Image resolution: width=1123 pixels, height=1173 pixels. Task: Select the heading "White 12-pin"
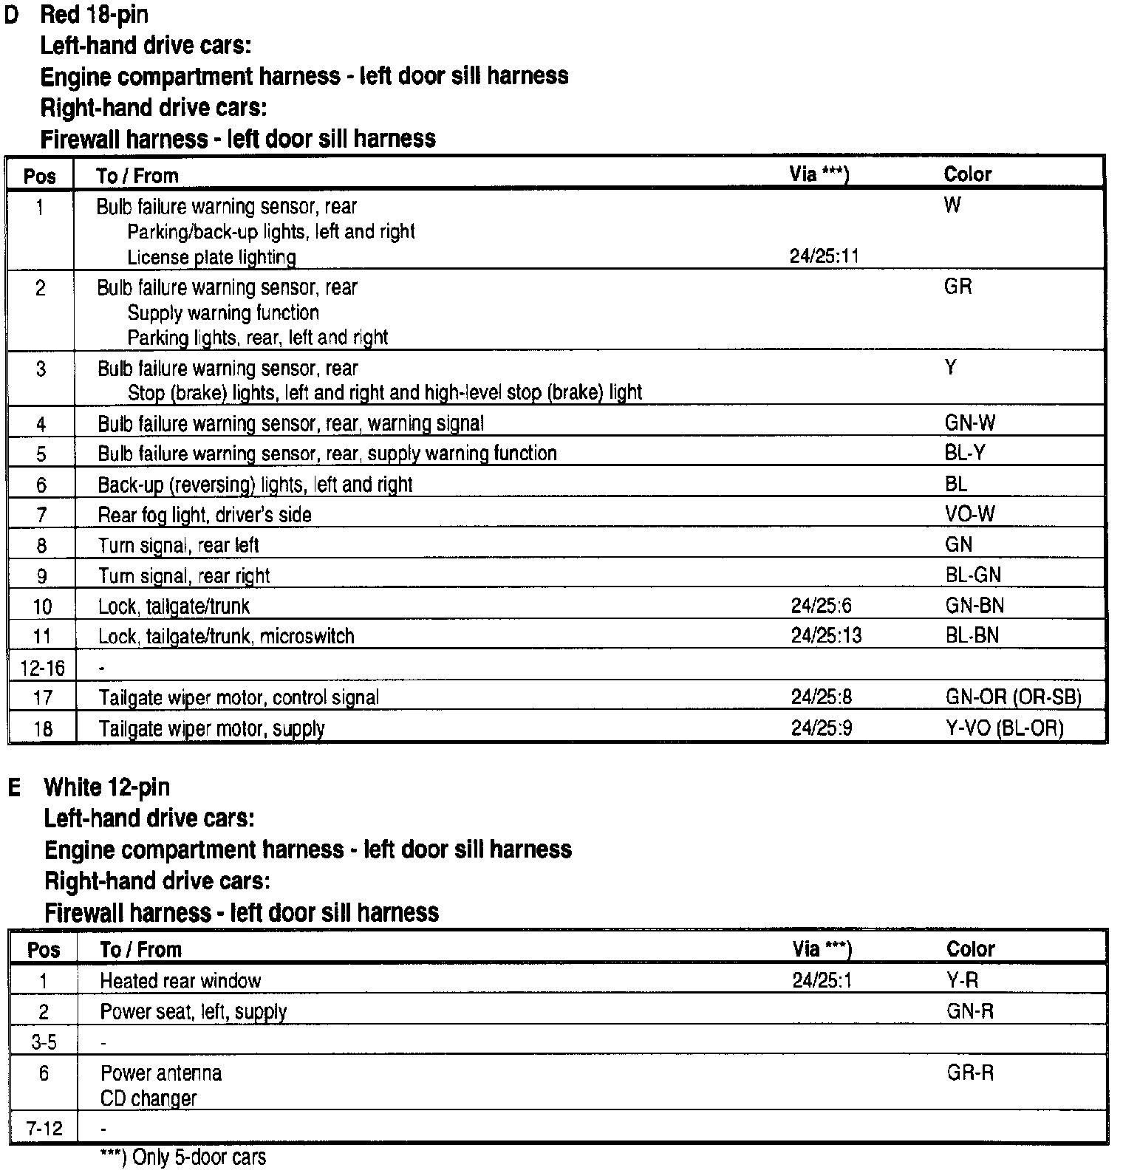click(106, 787)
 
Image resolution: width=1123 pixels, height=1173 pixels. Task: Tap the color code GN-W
click(969, 423)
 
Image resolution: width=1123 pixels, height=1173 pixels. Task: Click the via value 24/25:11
click(824, 256)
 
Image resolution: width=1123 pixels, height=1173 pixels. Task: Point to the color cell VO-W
click(969, 513)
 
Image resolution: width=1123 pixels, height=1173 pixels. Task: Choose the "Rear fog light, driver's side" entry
click(205, 515)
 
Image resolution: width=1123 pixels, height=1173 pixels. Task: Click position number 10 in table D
click(42, 607)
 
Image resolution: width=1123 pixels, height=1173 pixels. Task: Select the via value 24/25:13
click(826, 636)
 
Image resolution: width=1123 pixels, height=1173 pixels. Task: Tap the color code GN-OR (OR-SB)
click(1013, 697)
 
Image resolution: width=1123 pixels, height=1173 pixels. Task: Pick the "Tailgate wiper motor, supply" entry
click(211, 729)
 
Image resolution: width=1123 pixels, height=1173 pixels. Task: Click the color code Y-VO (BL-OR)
click(1004, 728)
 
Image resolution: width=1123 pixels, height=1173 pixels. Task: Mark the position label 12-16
click(42, 668)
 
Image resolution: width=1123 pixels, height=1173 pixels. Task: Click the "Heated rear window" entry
click(180, 981)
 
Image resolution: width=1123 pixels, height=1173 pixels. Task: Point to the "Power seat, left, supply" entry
click(193, 1012)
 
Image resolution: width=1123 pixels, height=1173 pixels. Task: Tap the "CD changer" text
click(149, 1098)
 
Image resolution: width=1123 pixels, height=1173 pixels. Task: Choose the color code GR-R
click(970, 1073)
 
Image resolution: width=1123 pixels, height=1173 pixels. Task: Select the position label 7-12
click(44, 1129)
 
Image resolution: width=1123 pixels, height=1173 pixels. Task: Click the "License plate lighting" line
click(211, 258)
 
